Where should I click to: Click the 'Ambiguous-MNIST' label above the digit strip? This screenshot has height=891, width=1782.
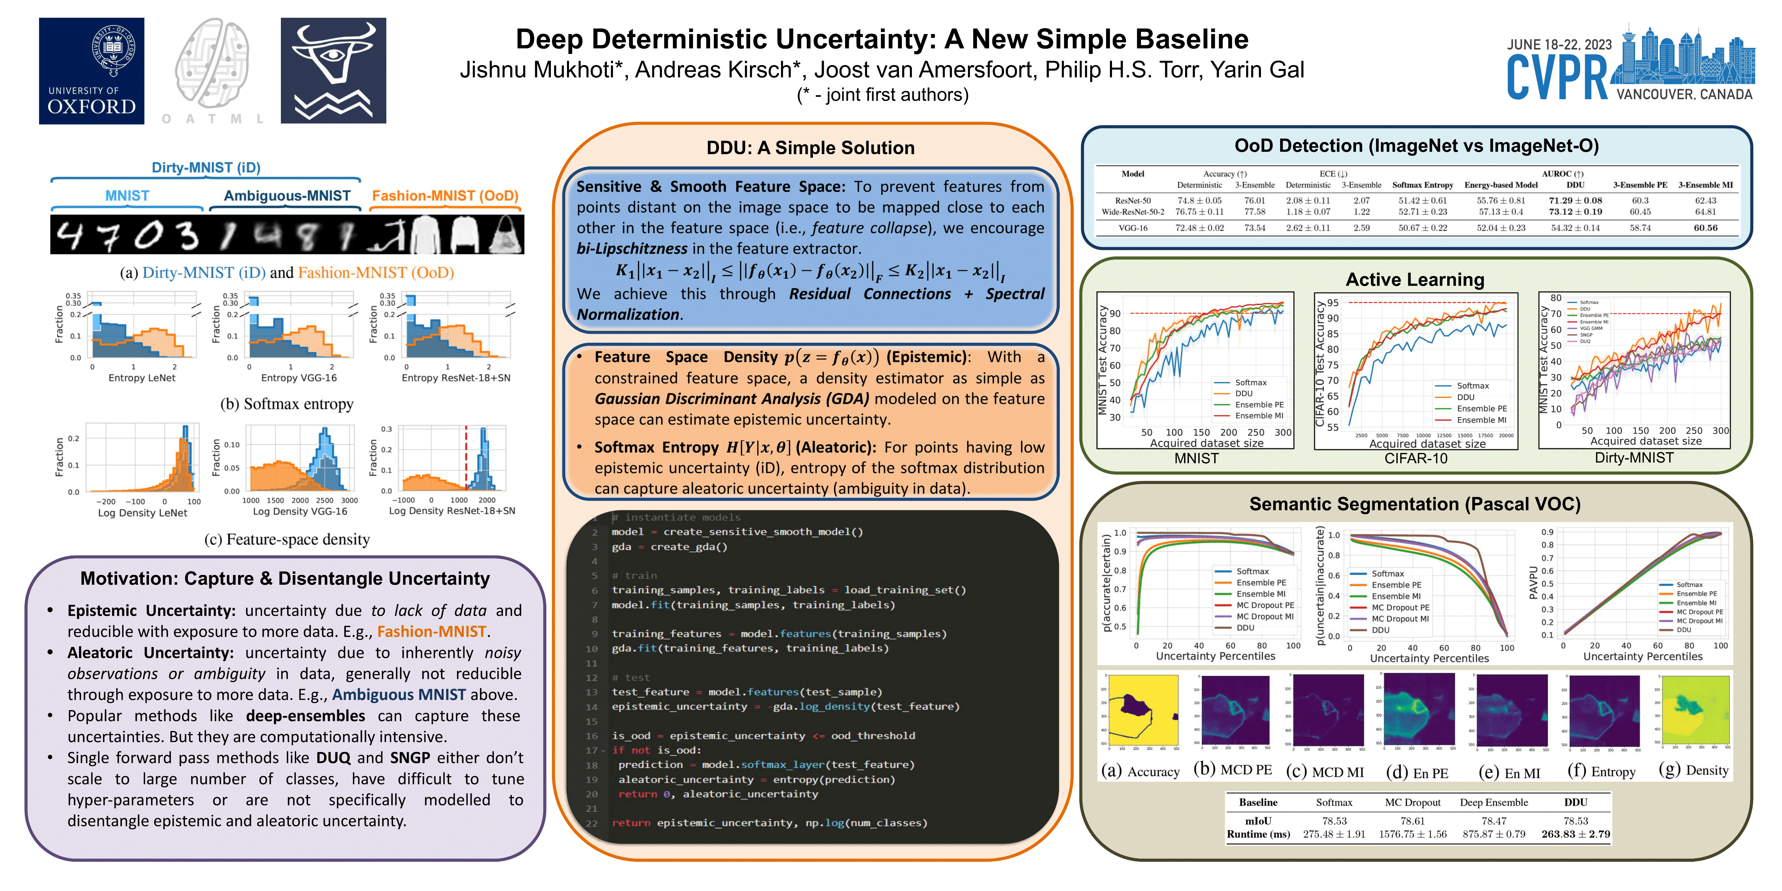point(287,196)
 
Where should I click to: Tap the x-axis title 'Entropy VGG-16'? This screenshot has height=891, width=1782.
point(299,378)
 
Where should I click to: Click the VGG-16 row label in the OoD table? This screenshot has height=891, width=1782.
point(1133,228)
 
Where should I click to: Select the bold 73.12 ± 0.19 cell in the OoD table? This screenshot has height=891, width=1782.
point(1575,212)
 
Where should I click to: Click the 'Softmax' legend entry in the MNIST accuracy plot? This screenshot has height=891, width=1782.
point(1251,383)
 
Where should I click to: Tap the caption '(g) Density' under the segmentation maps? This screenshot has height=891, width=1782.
point(1694,770)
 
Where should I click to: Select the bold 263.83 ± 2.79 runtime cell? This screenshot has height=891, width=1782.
point(1575,834)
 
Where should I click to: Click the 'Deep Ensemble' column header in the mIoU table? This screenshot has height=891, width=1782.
point(1493,803)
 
